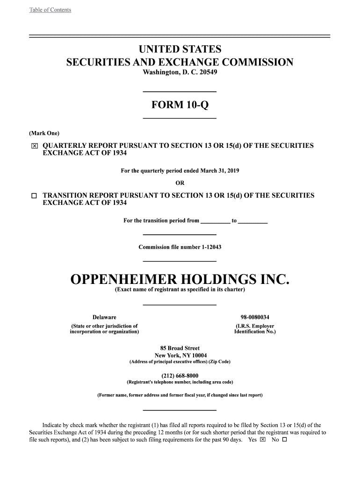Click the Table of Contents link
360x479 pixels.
[x=50, y=10]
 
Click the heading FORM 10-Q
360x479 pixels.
[x=180, y=105]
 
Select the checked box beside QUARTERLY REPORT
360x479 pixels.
[x=34, y=146]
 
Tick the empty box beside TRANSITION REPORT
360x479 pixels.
[x=34, y=196]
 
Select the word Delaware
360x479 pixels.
[x=104, y=317]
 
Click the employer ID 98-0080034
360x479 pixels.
[x=255, y=317]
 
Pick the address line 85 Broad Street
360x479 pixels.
[x=180, y=348]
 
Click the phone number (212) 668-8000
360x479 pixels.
[x=180, y=376]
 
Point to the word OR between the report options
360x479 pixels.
[x=180, y=183]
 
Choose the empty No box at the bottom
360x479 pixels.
[x=284, y=440]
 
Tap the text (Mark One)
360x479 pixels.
[x=44, y=133]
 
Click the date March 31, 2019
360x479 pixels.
[x=220, y=171]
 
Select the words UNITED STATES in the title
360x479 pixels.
[x=180, y=50]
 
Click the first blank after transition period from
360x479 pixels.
[x=215, y=221]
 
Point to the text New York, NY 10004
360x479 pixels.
[x=180, y=355]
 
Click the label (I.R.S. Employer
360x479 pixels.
[x=255, y=326]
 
